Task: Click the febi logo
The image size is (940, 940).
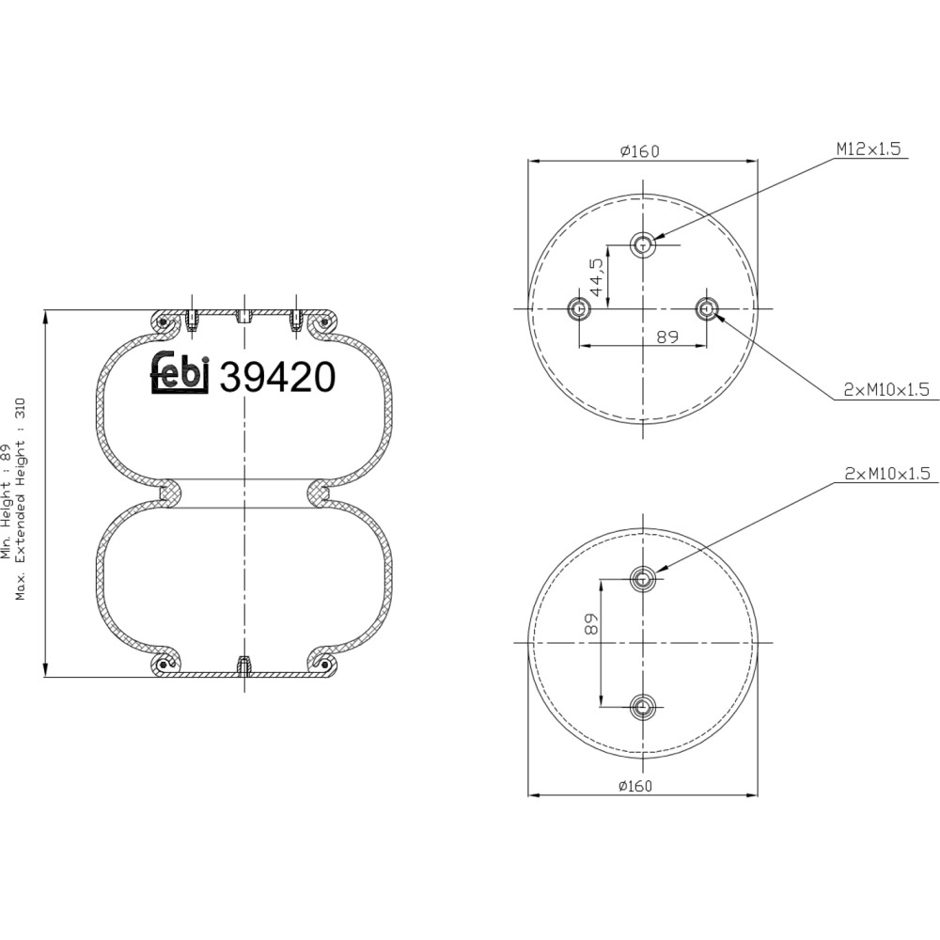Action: tap(179, 373)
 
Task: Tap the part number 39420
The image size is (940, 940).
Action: tap(277, 378)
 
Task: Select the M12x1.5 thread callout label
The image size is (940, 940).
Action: tap(869, 149)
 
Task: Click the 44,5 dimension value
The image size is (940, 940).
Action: tap(597, 277)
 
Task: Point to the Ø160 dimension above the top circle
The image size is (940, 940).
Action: tap(639, 151)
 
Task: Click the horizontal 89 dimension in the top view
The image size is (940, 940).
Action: tap(666, 337)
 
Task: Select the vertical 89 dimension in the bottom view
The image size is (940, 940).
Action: tap(591, 624)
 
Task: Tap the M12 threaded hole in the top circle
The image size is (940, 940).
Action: tap(643, 244)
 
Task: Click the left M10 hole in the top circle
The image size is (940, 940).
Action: tap(579, 308)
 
